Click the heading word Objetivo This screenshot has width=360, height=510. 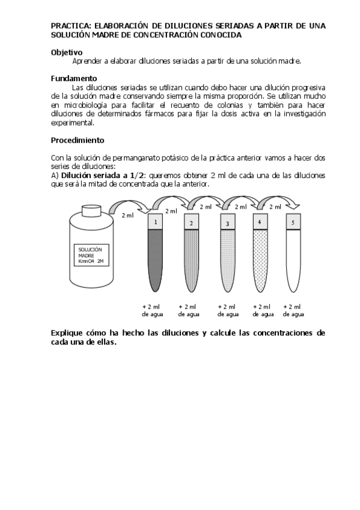click(67, 52)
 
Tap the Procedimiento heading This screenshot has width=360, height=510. click(78, 140)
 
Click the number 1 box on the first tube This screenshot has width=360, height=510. click(155, 222)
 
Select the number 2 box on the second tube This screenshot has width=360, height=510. click(191, 223)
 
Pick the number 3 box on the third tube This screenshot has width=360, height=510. click(227, 223)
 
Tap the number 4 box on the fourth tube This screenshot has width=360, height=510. click(259, 222)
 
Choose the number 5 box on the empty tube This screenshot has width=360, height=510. click(293, 222)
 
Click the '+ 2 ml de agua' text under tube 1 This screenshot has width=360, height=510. click(150, 310)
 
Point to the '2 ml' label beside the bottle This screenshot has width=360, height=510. click(127, 215)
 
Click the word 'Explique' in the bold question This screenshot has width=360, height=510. click(69, 333)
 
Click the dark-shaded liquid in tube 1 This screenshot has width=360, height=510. click(155, 259)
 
